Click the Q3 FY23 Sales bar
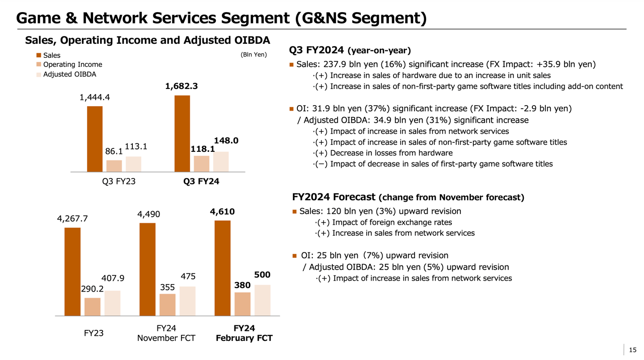click(x=95, y=139)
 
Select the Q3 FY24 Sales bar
click(x=182, y=134)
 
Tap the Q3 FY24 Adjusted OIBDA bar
click(x=221, y=162)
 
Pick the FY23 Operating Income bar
click(x=93, y=307)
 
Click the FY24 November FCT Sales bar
click(x=147, y=269)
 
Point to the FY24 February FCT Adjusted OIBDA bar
click(x=262, y=300)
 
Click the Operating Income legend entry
click(x=72, y=64)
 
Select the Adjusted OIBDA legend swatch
click(x=39, y=74)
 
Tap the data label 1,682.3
click(x=181, y=86)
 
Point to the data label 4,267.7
click(x=72, y=219)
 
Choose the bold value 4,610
click(x=222, y=212)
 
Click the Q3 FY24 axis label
click(x=201, y=181)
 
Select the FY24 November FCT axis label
click(x=166, y=333)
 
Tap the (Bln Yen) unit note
click(x=254, y=54)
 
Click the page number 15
click(x=632, y=349)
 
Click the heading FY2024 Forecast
click(x=334, y=197)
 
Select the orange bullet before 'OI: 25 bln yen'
click(x=295, y=256)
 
